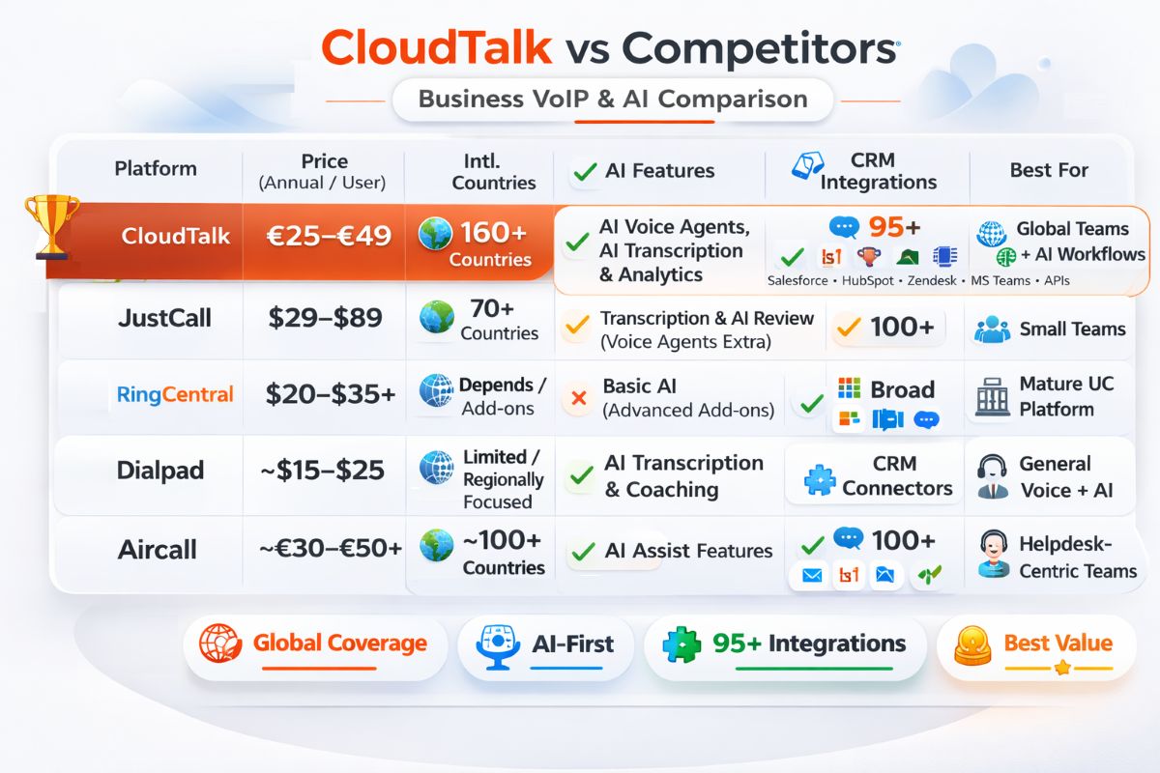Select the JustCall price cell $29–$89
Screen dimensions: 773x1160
tap(325, 318)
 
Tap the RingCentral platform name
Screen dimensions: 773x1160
tap(175, 394)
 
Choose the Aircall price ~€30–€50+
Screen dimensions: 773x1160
tap(331, 549)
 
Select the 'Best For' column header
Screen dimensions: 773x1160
tap(1049, 170)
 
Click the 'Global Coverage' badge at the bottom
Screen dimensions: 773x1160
tap(315, 644)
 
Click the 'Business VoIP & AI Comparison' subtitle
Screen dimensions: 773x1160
tap(612, 99)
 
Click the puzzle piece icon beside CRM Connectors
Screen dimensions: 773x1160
tap(820, 477)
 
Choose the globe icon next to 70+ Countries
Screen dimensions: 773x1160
tap(437, 318)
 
